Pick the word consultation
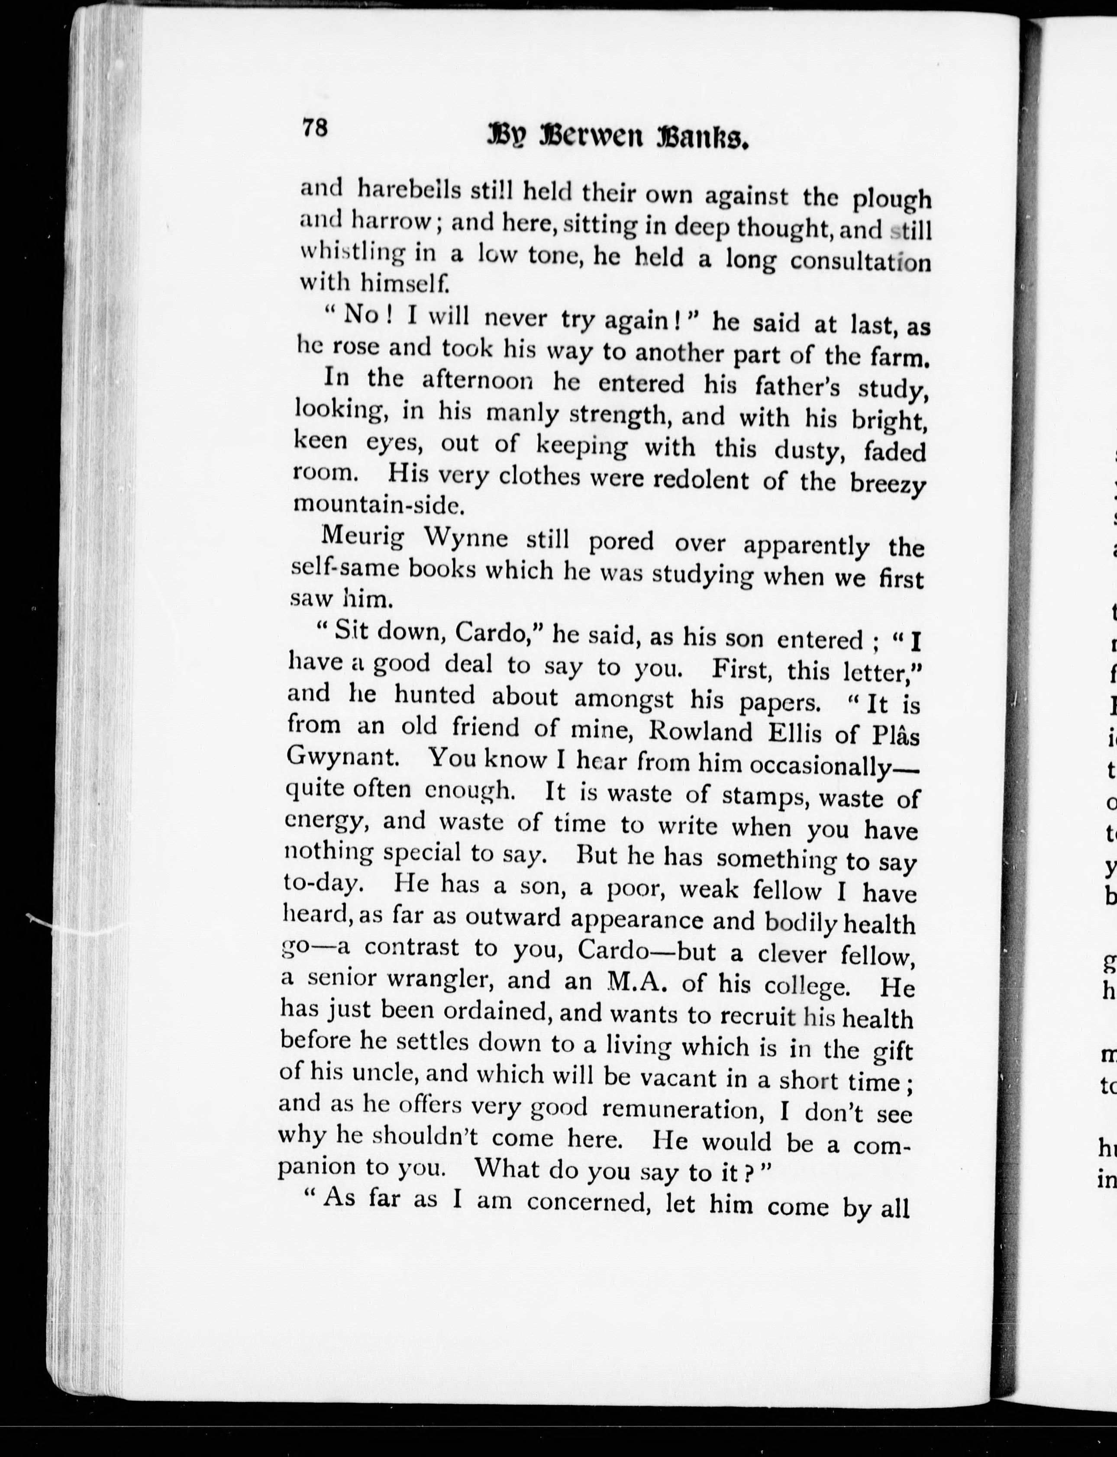pyautogui.click(x=860, y=261)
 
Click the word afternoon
pyautogui.click(x=478, y=381)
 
